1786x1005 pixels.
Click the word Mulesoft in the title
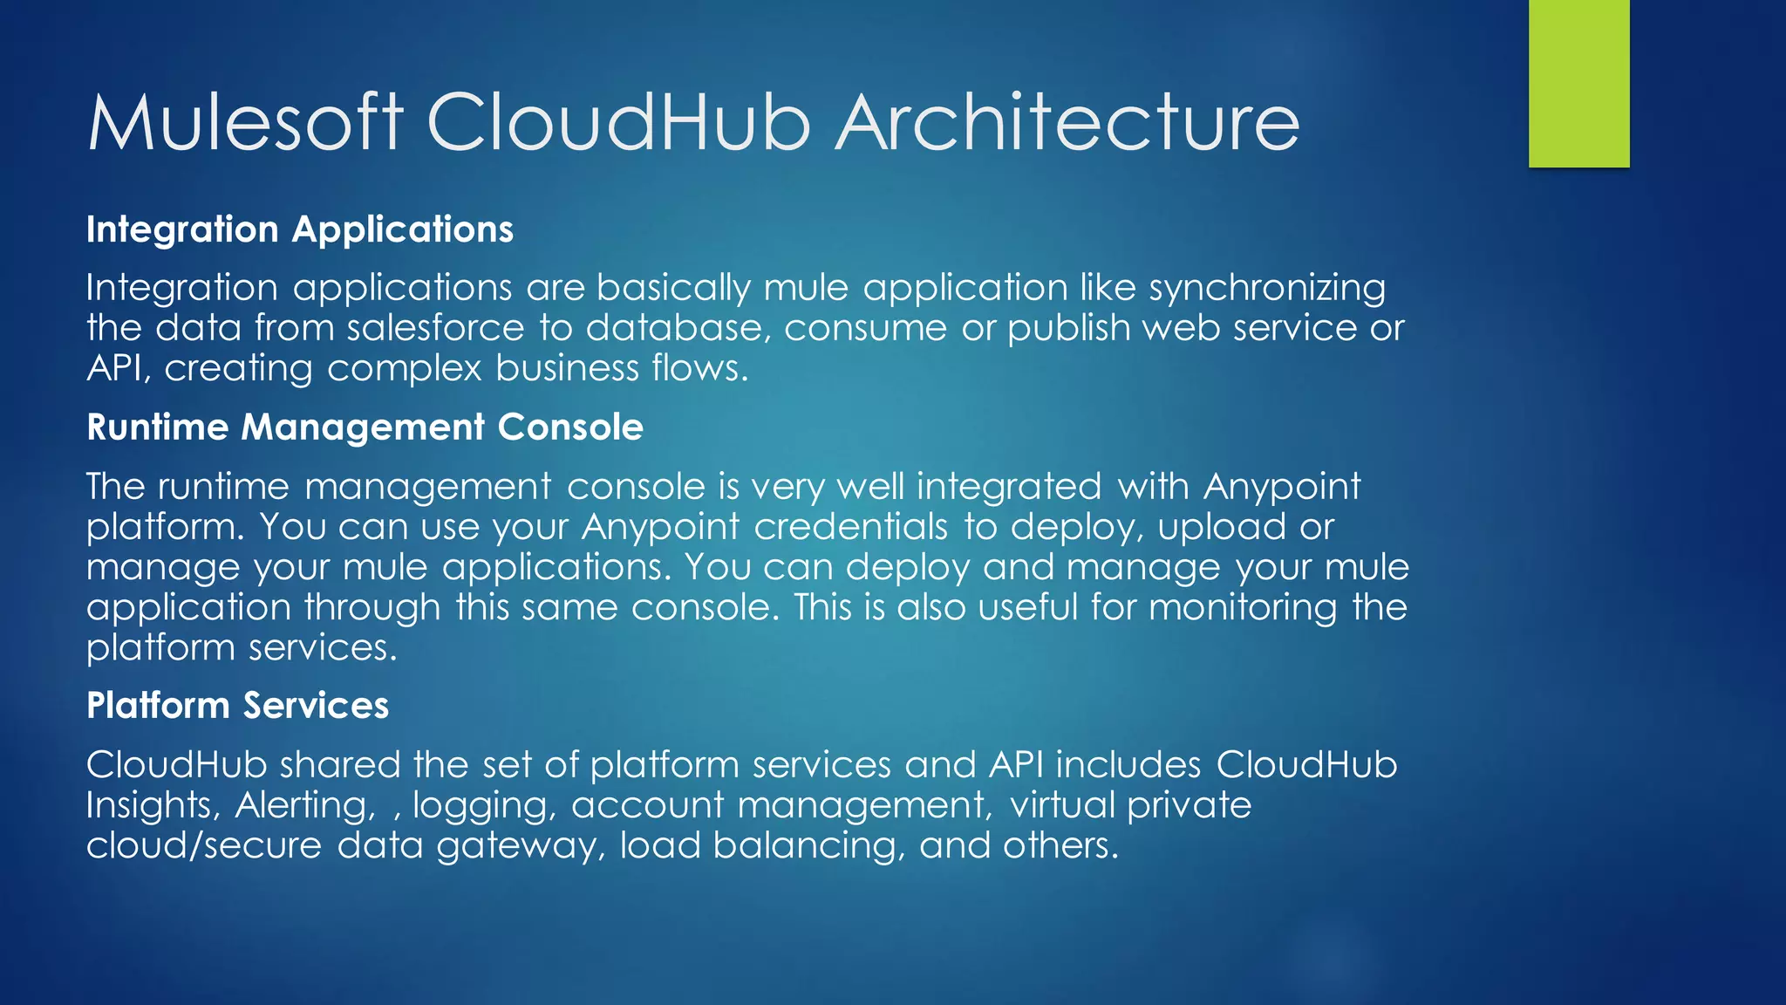[x=245, y=122]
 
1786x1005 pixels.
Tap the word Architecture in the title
[x=1067, y=122]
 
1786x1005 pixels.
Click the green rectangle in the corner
[x=1578, y=83]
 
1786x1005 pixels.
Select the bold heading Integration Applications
[x=300, y=229]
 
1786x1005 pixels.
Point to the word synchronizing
[x=1267, y=288]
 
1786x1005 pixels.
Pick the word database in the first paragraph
[x=678, y=328]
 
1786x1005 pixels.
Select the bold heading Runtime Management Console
[x=365, y=427]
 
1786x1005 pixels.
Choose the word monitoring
[x=1243, y=607]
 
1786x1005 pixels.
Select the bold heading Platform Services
[x=237, y=706]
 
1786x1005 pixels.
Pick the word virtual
[x=1062, y=805]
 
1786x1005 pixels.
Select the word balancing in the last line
[x=808, y=845]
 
